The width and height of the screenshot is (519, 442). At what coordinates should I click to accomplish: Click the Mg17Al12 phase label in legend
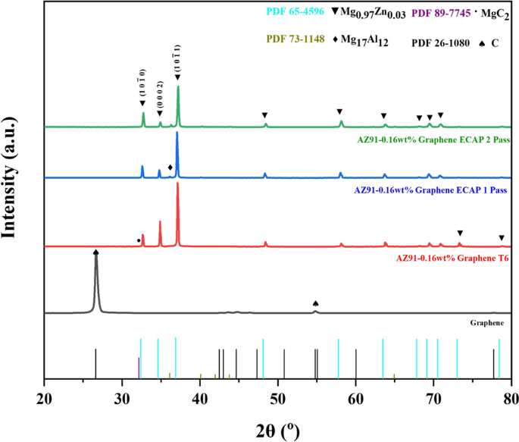(364, 44)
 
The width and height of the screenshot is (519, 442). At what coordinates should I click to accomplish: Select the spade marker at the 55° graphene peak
(316, 304)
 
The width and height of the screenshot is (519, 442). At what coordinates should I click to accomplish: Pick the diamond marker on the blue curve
(170, 167)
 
